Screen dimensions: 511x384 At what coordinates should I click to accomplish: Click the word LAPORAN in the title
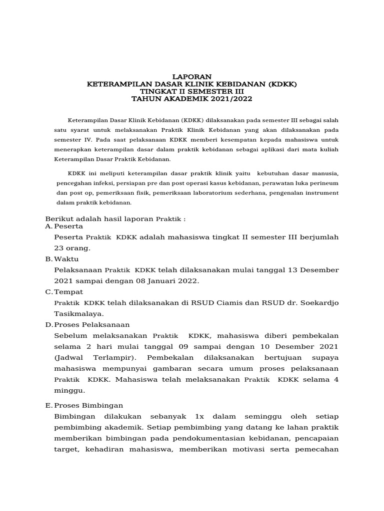point(191,76)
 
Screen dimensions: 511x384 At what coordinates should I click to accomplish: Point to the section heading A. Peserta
point(64,227)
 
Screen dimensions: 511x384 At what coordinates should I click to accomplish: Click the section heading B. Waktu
point(62,259)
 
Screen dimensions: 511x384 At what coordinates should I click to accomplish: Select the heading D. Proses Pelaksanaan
point(87,324)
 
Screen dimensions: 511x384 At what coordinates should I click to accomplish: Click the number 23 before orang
point(59,248)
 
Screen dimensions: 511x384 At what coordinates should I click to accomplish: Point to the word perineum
point(325,183)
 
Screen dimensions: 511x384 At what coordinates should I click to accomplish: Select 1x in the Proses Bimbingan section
point(199,416)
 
